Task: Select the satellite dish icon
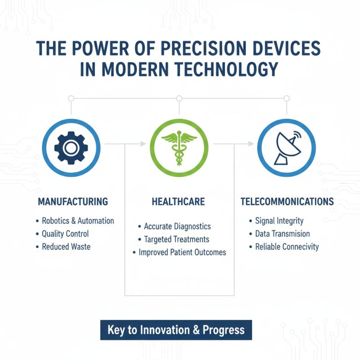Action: click(287, 147)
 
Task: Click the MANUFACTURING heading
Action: click(73, 202)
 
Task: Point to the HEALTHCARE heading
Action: click(179, 202)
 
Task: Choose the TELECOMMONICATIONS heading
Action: click(287, 202)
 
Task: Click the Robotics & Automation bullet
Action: click(77, 221)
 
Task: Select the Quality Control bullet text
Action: click(65, 234)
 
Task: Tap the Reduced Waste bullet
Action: click(66, 247)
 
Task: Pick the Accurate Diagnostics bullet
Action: click(177, 226)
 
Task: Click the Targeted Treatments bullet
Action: click(176, 239)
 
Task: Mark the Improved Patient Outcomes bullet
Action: click(182, 252)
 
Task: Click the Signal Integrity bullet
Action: click(279, 221)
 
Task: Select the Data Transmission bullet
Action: click(282, 234)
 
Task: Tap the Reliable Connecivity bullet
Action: click(287, 247)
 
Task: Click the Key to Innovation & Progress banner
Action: click(176, 330)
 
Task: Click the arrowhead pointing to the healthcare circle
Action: click(143, 144)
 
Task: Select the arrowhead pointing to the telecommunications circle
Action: click(251, 144)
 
